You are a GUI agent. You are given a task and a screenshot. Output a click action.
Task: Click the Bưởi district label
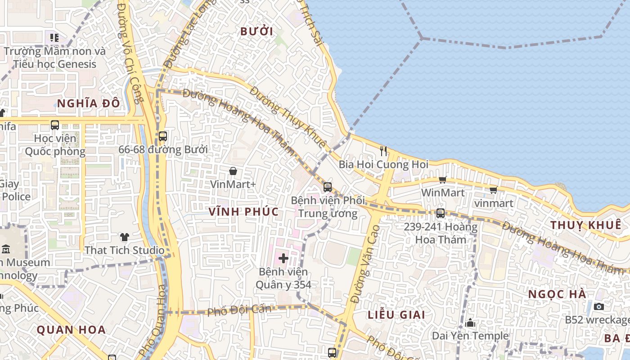[257, 31]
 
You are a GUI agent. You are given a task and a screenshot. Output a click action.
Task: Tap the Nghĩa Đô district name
[89, 103]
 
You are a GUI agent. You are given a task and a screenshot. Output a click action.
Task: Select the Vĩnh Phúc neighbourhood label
[243, 211]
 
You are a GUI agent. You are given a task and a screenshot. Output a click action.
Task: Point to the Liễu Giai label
[396, 315]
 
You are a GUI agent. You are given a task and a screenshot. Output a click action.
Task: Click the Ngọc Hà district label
[557, 294]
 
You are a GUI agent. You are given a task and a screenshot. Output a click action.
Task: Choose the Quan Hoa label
[71, 329]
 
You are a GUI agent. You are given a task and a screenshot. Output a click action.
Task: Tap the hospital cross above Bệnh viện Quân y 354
[283, 258]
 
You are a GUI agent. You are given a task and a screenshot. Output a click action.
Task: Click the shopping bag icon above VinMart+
[233, 171]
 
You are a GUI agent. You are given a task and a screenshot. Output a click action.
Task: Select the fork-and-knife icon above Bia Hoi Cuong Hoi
[383, 151]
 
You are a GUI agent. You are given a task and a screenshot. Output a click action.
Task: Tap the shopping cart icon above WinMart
[443, 180]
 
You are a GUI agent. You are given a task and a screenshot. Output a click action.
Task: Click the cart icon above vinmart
[493, 190]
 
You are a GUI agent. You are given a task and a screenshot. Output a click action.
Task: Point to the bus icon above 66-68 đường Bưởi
[163, 136]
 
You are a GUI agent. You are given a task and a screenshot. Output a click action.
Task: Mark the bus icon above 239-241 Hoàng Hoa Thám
[441, 213]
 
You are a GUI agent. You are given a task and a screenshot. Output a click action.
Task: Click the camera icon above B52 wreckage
[598, 306]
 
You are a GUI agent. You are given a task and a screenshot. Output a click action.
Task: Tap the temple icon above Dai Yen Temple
[470, 323]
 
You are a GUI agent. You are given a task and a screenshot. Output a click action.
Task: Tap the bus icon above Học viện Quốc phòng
[55, 125]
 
